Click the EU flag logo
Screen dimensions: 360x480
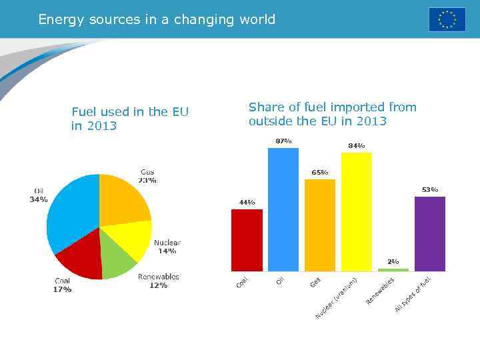click(447, 19)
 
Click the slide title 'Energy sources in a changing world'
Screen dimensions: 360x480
click(157, 19)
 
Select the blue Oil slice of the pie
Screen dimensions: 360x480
click(70, 213)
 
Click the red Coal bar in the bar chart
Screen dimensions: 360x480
click(247, 240)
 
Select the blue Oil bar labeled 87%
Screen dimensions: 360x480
click(283, 209)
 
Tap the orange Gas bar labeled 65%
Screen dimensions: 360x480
click(320, 225)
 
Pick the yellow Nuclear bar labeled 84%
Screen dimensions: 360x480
click(357, 211)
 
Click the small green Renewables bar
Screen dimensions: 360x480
click(393, 269)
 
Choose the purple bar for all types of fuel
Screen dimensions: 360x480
click(430, 233)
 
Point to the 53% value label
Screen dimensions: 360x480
click(430, 190)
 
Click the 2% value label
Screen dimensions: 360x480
click(393, 262)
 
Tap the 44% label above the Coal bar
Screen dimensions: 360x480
click(247, 202)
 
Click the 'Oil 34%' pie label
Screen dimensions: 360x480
click(39, 195)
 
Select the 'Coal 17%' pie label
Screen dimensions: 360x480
click(62, 285)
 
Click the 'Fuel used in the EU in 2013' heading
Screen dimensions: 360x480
click(130, 119)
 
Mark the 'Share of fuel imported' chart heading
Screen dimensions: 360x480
click(332, 114)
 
